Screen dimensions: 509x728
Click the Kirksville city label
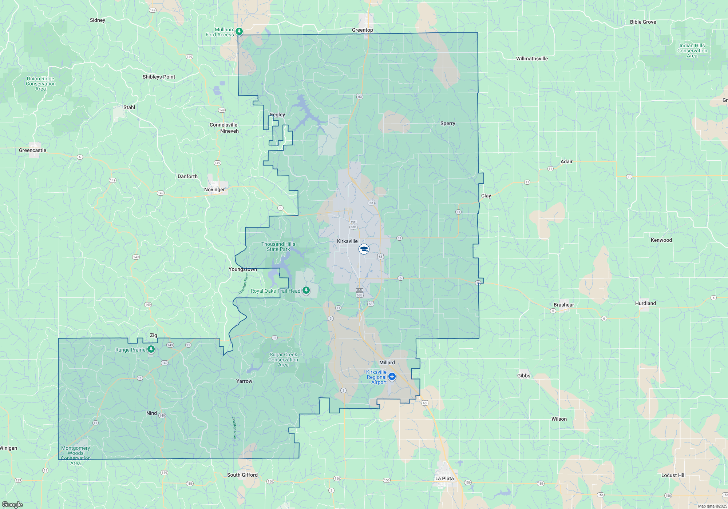click(347, 241)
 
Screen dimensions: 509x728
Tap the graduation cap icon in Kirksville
click(364, 249)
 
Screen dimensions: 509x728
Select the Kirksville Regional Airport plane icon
click(392, 376)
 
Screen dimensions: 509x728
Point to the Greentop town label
click(362, 30)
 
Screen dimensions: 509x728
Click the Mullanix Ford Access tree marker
click(239, 31)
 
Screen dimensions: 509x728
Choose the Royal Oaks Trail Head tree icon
click(306, 290)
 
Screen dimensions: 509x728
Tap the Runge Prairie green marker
click(151, 349)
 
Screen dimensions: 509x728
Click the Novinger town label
click(214, 189)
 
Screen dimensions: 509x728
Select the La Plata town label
click(444, 478)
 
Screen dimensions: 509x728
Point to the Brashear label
click(563, 305)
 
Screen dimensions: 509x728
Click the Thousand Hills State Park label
click(278, 247)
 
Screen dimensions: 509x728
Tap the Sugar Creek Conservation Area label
click(283, 360)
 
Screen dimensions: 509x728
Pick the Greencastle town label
click(32, 150)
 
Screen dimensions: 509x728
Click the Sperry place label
click(448, 123)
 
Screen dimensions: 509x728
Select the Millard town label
click(387, 362)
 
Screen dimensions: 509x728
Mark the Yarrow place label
click(244, 381)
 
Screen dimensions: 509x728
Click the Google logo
click(12, 505)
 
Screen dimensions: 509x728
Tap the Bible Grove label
click(643, 22)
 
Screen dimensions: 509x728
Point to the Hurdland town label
click(645, 303)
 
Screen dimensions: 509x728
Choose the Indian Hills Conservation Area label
click(692, 51)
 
